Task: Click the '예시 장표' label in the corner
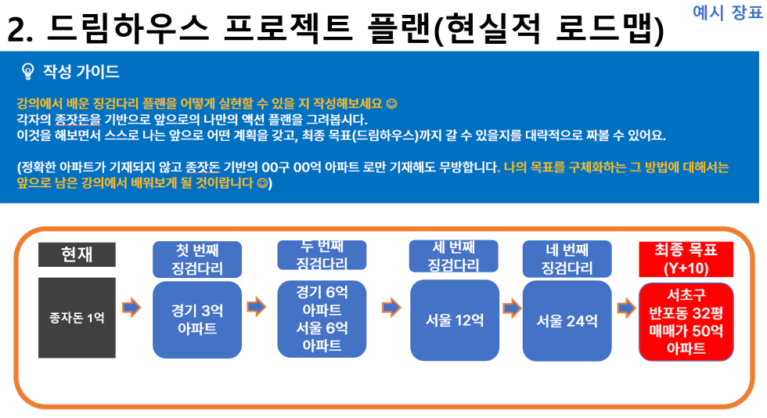pos(727,13)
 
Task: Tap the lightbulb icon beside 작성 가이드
pos(28,71)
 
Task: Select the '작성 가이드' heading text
pos(81,71)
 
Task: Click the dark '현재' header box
pos(77,254)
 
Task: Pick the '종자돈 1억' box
pos(77,318)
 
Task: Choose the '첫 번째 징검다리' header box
pos(197,259)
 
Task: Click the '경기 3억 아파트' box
pos(197,319)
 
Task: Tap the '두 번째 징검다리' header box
pos(322,255)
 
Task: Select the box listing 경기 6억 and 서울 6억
pos(322,319)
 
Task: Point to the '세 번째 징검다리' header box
pos(453,256)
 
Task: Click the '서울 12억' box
pos(455,320)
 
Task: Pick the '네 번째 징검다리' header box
pos(567,259)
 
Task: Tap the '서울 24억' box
pos(567,321)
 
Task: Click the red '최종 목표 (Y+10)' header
pos(686,259)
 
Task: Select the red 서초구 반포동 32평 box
pos(686,322)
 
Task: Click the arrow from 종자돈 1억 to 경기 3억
pos(131,308)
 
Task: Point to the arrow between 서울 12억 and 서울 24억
pos(512,308)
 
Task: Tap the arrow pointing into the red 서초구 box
pos(626,308)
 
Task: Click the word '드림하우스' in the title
pos(128,28)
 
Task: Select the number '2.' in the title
pos(20,30)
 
